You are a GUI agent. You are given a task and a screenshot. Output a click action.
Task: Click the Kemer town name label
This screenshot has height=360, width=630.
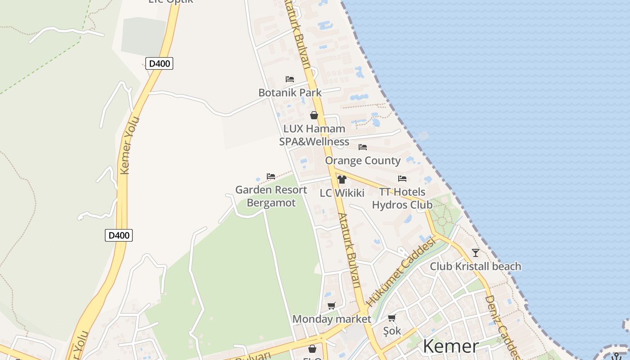(451, 346)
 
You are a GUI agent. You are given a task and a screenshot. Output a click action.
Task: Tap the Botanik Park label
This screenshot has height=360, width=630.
(290, 93)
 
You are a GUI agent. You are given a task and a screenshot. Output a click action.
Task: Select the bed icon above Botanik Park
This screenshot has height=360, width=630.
(290, 79)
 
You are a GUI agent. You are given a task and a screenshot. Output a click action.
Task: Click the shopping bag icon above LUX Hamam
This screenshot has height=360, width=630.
(314, 115)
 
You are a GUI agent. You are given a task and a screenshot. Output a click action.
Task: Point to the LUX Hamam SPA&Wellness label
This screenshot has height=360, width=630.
(314, 135)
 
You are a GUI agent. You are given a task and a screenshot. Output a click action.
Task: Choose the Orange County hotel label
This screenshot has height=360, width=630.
(363, 161)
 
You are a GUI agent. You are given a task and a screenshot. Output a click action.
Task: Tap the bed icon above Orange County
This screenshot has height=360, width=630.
(363, 147)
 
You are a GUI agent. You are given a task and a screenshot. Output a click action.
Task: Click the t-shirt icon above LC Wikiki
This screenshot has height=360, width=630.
(342, 180)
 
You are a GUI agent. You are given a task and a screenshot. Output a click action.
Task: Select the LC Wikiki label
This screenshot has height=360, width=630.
(342, 193)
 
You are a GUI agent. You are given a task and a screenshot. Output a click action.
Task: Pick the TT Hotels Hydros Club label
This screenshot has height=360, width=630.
(402, 198)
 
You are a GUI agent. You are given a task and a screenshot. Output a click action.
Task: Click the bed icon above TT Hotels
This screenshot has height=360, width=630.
(402, 179)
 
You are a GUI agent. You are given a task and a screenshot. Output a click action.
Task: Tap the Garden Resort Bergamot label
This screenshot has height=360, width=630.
(271, 196)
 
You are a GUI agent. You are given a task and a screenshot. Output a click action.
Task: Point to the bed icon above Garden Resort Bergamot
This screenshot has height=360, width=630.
(271, 176)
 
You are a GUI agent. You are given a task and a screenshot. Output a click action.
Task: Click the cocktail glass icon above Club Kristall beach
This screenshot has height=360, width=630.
(476, 252)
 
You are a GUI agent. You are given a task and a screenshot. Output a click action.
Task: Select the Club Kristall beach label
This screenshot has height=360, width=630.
(476, 266)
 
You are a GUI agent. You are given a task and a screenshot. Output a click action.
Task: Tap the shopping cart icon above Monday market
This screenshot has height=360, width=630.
(332, 306)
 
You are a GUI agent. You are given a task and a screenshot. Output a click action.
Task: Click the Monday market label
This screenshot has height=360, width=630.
(332, 319)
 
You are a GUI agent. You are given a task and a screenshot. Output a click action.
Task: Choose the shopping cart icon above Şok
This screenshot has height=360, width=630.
(392, 318)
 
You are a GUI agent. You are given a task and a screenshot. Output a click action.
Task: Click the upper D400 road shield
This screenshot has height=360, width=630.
(159, 63)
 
